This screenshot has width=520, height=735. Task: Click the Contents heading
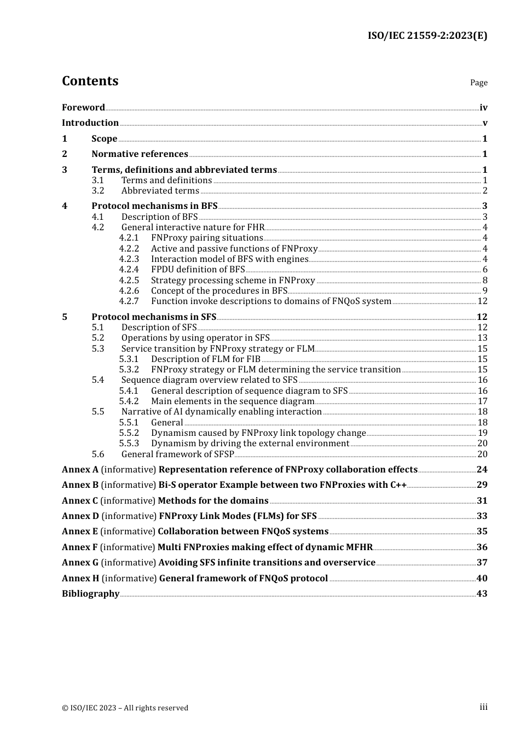[x=90, y=81]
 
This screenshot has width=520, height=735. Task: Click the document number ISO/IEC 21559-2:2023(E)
[x=427, y=36]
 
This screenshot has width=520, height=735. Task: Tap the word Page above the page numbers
[x=478, y=83]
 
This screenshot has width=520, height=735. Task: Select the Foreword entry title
[x=83, y=108]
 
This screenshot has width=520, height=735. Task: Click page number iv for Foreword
[x=483, y=108]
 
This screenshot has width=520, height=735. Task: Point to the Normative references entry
[x=140, y=154]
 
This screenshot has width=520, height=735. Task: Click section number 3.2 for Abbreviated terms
[x=98, y=191]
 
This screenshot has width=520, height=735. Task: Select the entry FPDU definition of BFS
[x=198, y=270]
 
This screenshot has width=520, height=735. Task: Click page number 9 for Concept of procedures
[x=485, y=291]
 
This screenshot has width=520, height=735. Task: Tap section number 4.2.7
[x=129, y=301]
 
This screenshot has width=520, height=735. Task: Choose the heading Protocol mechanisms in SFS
[x=154, y=317]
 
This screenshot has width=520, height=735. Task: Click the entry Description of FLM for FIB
[x=205, y=359]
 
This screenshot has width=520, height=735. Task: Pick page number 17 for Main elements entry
[x=482, y=401]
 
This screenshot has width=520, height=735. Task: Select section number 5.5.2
[x=129, y=433]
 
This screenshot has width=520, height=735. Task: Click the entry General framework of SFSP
[x=177, y=454]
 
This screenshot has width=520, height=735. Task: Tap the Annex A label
[x=80, y=470]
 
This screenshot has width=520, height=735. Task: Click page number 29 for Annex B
[x=482, y=485]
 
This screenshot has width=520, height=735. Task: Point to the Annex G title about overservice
[x=267, y=563]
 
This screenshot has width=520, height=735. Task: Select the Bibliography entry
[x=90, y=594]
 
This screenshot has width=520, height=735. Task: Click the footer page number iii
[x=483, y=707]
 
